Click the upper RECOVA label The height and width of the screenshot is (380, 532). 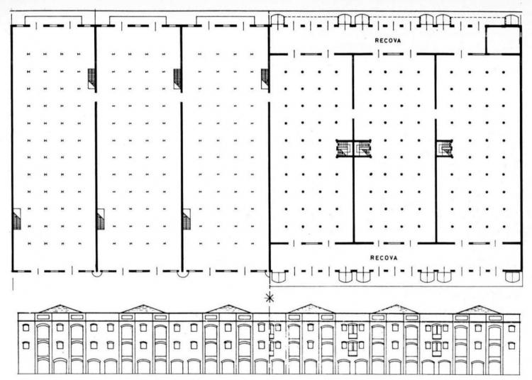tap(387, 40)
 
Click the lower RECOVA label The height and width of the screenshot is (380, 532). tap(383, 257)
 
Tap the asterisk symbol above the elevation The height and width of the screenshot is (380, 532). tap(270, 298)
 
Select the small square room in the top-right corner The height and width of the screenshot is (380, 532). tap(503, 40)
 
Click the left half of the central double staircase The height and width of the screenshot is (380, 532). tap(345, 148)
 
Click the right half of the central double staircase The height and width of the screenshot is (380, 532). tap(362, 148)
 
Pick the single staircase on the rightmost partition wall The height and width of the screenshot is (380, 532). tap(445, 148)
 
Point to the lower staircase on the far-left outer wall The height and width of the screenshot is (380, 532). tap(16, 219)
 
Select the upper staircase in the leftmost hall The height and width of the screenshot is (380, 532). tap(92, 79)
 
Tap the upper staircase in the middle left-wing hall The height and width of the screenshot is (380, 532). tap(177, 79)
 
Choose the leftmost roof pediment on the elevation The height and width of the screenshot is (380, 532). tap(60, 309)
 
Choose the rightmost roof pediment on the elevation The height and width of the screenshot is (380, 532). tap(478, 309)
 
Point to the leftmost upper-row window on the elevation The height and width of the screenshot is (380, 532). tap(26, 328)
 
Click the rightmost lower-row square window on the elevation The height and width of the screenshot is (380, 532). tap(511, 345)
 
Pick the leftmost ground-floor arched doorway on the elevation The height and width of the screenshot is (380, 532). tap(43, 366)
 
